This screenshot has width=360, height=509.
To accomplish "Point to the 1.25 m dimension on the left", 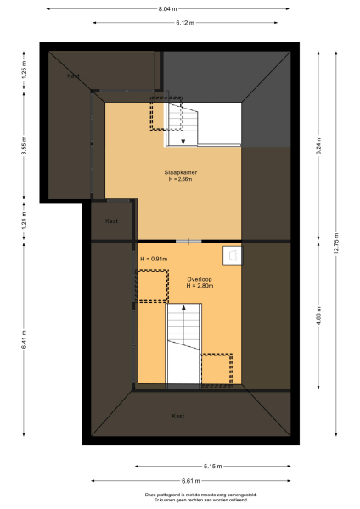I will click(25, 73).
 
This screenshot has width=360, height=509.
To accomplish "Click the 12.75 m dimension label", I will click(337, 244).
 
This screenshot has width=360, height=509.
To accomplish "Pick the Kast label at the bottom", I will click(177, 416).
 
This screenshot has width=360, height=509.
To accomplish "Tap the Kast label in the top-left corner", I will click(74, 76).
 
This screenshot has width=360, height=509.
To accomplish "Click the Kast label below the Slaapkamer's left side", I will click(111, 221).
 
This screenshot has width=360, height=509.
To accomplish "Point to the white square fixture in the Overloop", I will click(231, 254).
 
